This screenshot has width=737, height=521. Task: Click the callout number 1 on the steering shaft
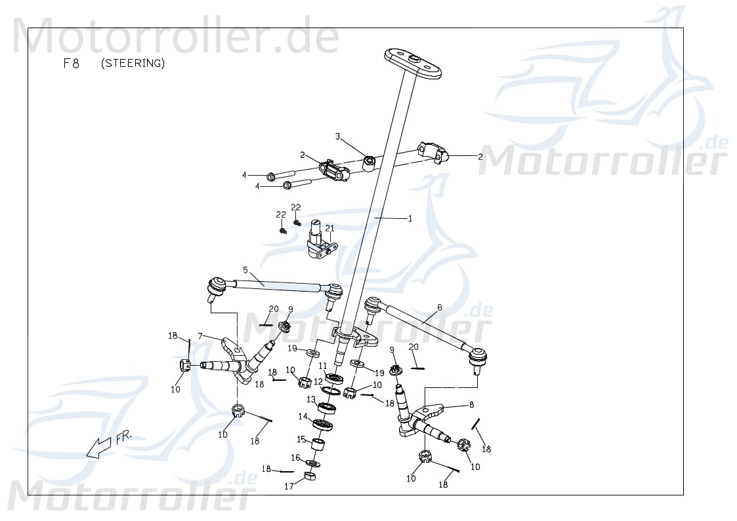pyautogui.click(x=410, y=219)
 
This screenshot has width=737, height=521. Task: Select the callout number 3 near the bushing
pyautogui.click(x=338, y=137)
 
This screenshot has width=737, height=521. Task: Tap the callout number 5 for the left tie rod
pyautogui.click(x=245, y=270)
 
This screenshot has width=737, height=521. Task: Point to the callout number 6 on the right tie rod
pyautogui.click(x=439, y=307)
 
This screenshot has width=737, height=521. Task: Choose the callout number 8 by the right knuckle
pyautogui.click(x=471, y=404)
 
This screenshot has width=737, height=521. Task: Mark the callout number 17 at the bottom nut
pyautogui.click(x=288, y=487)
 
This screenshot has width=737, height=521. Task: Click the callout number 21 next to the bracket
pyautogui.click(x=330, y=228)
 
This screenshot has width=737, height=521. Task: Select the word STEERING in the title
pyautogui.click(x=133, y=64)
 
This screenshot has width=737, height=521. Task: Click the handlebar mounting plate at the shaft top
pyautogui.click(x=413, y=63)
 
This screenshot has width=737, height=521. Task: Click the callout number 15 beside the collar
pyautogui.click(x=301, y=439)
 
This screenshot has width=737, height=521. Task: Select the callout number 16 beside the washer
pyautogui.click(x=296, y=457)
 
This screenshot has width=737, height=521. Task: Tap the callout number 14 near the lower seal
pyautogui.click(x=303, y=416)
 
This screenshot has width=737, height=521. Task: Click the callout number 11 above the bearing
pyautogui.click(x=322, y=366)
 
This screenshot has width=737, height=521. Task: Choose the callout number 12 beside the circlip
pyautogui.click(x=318, y=381)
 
